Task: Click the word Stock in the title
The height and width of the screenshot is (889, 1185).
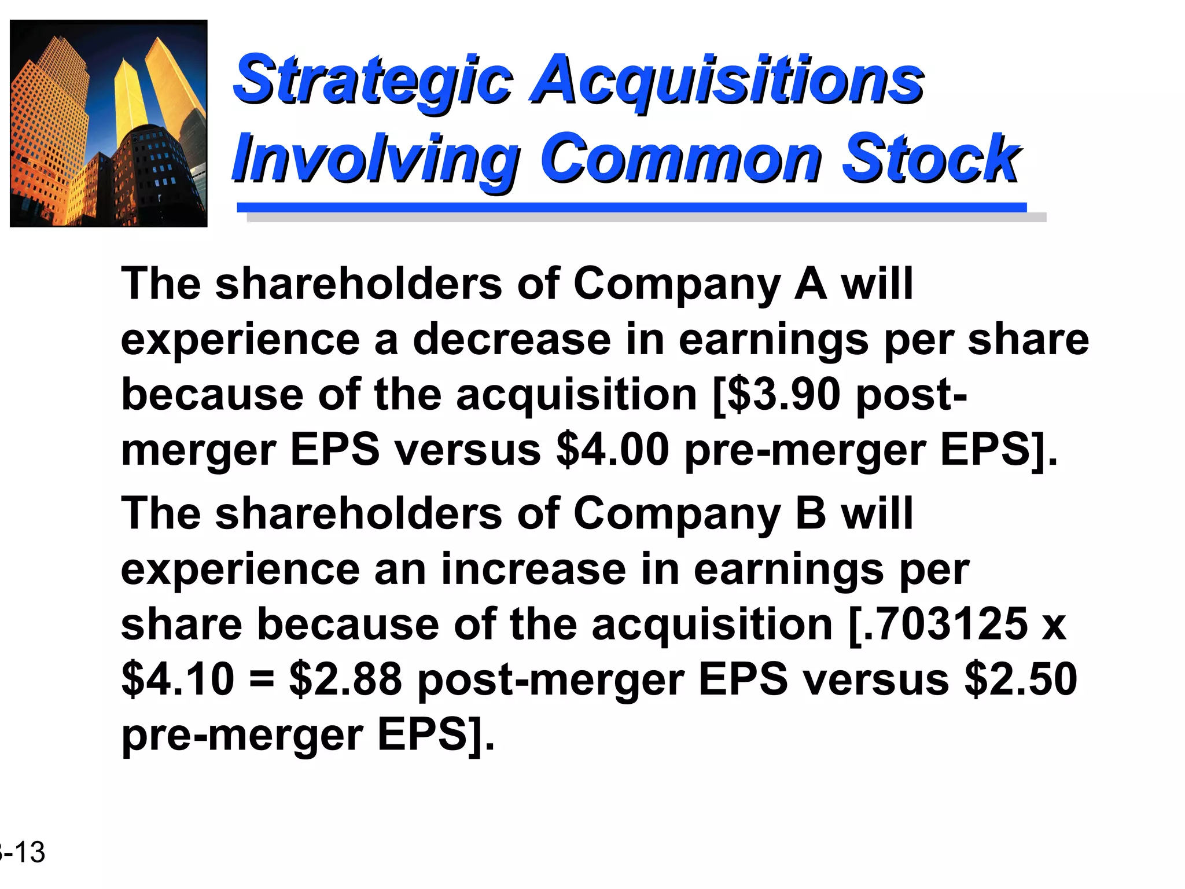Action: pyautogui.click(x=930, y=159)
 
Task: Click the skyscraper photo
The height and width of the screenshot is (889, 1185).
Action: pyautogui.click(x=109, y=123)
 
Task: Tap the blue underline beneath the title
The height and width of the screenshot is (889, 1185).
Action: pyautogui.click(x=632, y=207)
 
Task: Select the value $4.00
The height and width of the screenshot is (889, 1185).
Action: pyautogui.click(x=613, y=450)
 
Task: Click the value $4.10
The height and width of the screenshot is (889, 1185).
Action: pyautogui.click(x=178, y=679)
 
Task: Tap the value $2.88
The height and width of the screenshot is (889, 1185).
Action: pyautogui.click(x=345, y=679)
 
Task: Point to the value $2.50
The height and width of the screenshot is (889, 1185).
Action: pyautogui.click(x=1021, y=679)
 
